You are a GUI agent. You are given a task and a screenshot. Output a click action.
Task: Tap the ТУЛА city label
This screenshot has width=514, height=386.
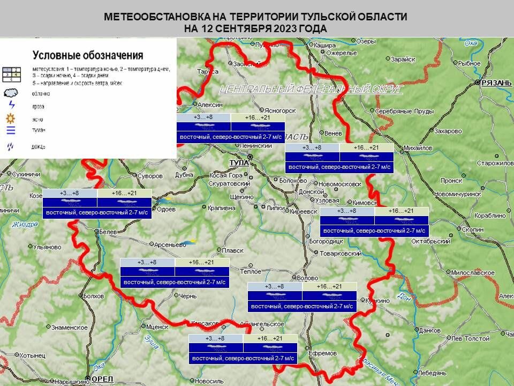(239, 162)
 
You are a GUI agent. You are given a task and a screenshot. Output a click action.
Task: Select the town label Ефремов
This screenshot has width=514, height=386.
(323, 353)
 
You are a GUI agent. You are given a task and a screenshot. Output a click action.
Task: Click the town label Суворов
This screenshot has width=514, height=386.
(149, 175)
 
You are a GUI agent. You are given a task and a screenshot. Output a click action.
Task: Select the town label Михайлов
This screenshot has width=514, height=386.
(418, 148)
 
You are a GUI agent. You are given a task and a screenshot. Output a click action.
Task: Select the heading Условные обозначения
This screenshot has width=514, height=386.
(88, 55)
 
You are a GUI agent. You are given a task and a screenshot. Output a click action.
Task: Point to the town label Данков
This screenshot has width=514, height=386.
(428, 331)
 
